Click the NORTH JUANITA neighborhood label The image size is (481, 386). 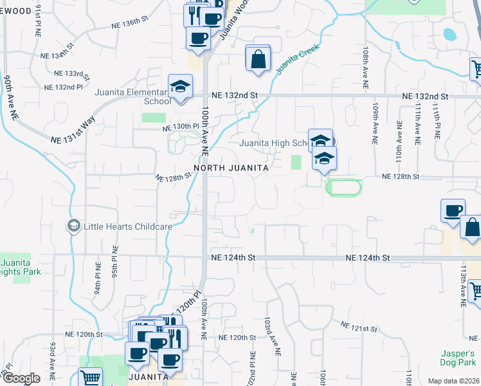tap(231, 167)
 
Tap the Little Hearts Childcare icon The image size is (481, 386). tap(73, 226)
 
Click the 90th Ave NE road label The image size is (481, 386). tap(11, 97)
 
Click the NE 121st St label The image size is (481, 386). tap(358, 328)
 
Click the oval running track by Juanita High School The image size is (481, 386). tap(343, 188)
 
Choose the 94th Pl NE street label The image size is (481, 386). tap(98, 279)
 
